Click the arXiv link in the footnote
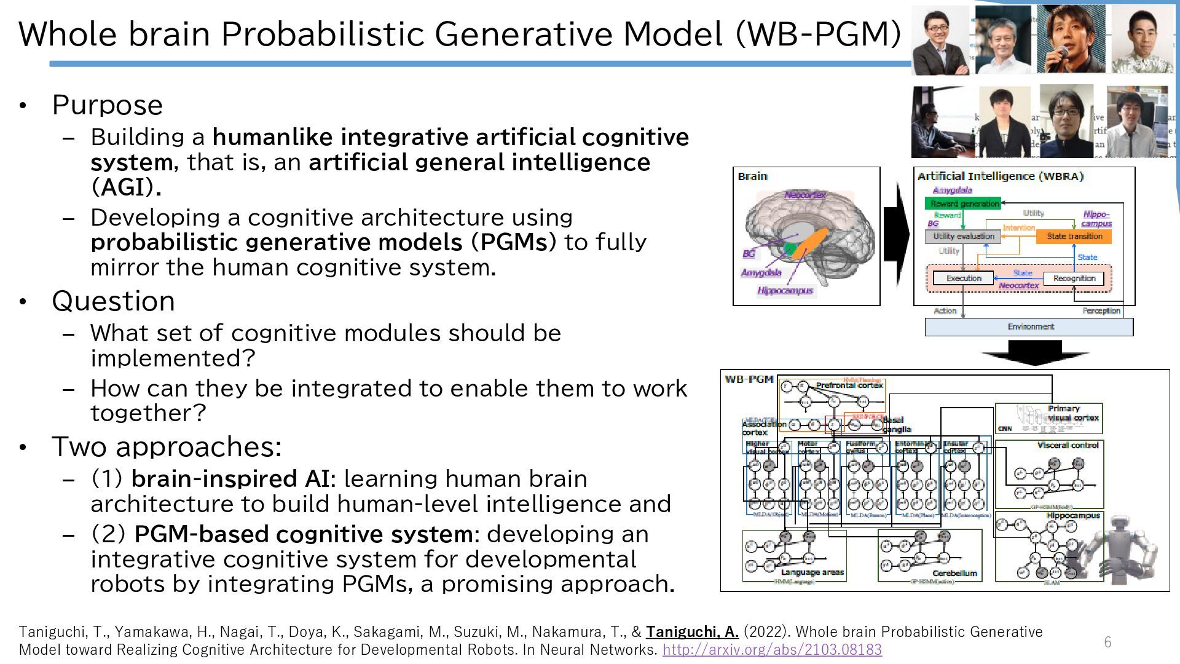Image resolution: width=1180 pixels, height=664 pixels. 772,649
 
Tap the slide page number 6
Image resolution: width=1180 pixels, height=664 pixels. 1107,642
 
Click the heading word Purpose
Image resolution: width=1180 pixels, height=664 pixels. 108,105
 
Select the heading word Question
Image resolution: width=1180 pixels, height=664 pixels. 114,301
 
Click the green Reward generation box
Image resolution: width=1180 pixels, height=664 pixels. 962,204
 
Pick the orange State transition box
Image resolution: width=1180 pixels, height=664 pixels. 1074,236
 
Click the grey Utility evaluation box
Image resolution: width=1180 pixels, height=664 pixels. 962,236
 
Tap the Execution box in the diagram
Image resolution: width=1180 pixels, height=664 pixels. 963,279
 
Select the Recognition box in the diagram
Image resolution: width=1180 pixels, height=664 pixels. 1074,279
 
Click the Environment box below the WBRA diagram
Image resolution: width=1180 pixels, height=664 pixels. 1029,326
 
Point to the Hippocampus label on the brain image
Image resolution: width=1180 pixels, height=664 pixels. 785,291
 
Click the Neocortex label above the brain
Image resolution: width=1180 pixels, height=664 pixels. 805,195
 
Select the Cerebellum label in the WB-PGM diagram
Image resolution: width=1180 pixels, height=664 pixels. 954,573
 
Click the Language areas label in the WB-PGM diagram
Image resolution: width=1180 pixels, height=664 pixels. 812,572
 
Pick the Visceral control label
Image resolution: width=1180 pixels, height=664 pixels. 1068,445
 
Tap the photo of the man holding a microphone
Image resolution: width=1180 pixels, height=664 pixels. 1070,39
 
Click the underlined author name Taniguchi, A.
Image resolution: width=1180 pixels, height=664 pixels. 692,632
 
